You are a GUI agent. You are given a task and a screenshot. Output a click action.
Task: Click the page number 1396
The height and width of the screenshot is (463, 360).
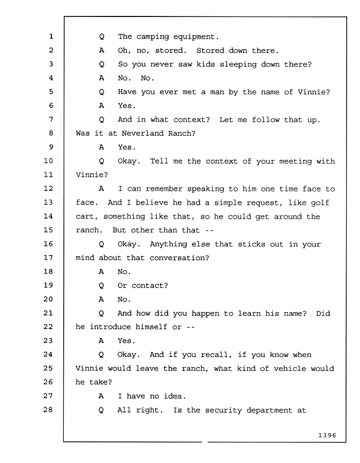click(327, 435)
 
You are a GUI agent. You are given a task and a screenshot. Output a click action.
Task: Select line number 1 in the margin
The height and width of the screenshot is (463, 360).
click(51, 37)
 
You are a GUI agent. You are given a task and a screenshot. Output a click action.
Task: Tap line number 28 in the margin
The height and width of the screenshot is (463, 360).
click(48, 409)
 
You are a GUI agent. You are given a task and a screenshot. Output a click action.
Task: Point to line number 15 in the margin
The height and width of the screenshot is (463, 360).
click(48, 230)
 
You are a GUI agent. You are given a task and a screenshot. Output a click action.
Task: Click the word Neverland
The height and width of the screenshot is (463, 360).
click(142, 133)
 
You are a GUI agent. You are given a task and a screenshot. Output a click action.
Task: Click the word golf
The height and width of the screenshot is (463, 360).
click(320, 203)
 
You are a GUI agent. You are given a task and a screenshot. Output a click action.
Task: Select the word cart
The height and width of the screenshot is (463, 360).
click(86, 217)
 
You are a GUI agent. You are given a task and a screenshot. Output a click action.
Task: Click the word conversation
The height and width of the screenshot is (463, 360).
click(179, 258)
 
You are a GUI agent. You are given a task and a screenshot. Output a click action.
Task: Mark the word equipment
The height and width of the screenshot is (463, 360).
click(196, 37)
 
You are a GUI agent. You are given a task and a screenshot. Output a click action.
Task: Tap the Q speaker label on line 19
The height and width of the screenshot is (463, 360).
click(101, 286)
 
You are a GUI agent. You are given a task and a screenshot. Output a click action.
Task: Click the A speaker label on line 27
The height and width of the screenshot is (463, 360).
click(101, 396)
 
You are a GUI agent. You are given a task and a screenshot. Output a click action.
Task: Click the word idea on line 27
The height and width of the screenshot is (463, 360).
click(175, 396)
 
